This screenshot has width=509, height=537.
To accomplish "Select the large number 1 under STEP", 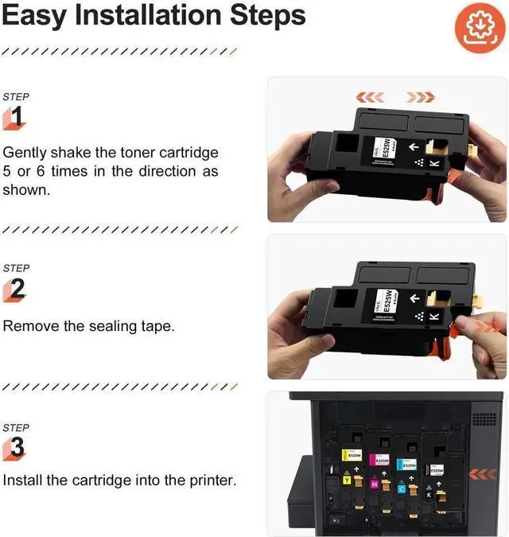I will click(x=17, y=118).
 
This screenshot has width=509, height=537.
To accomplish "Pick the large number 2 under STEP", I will click(x=17, y=290).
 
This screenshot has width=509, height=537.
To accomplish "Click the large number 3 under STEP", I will click(x=17, y=447).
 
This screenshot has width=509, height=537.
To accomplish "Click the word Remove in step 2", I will click(x=28, y=325).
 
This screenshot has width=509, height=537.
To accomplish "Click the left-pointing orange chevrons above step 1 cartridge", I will click(x=370, y=97).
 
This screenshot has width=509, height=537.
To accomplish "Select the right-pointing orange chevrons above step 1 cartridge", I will click(x=421, y=97).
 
